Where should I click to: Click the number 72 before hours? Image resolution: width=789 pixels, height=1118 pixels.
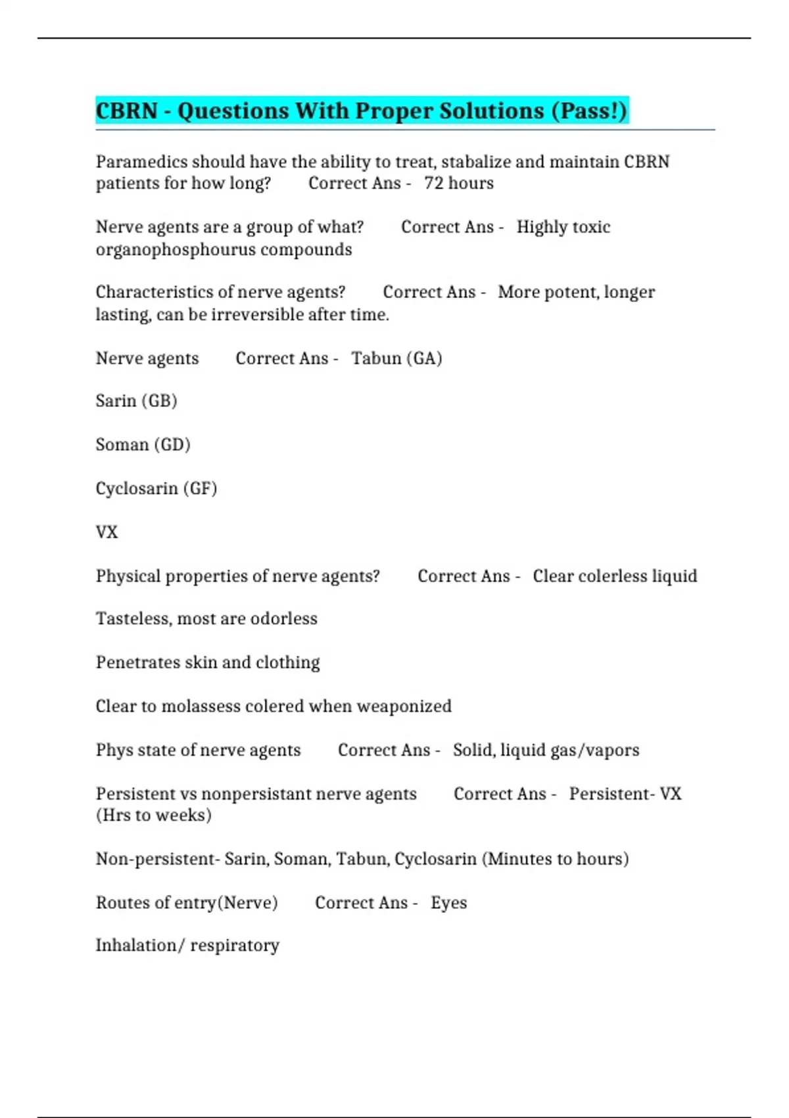(x=434, y=183)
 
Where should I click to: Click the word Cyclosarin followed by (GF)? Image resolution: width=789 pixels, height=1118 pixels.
(x=137, y=489)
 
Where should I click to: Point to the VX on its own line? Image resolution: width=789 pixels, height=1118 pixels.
(x=107, y=532)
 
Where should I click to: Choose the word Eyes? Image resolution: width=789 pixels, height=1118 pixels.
(x=449, y=903)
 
